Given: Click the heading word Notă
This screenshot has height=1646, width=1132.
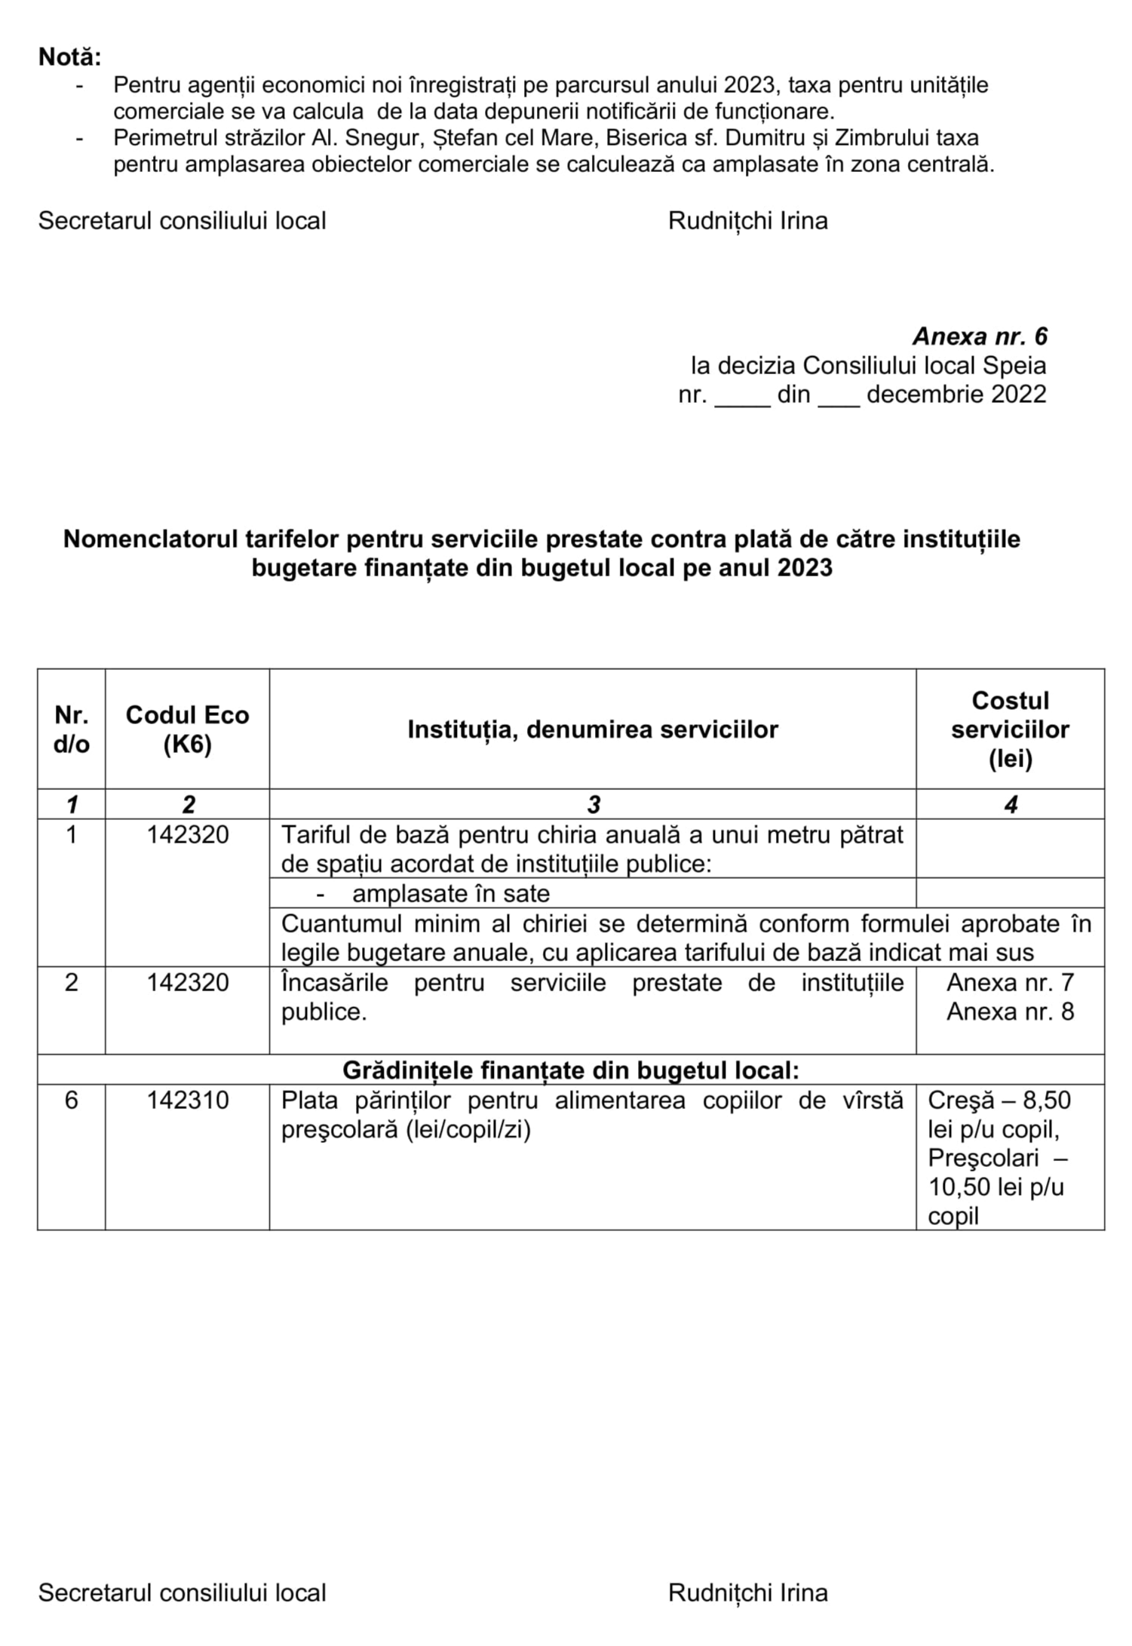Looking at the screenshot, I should click(x=69, y=57).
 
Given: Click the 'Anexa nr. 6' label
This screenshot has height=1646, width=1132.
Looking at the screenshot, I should click(x=980, y=336).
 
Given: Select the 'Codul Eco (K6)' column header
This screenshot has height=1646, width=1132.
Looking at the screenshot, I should click(x=187, y=729).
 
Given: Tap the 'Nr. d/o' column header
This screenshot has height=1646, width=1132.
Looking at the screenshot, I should click(x=71, y=729).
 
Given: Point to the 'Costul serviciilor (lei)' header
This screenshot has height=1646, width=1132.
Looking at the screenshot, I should click(x=1010, y=729).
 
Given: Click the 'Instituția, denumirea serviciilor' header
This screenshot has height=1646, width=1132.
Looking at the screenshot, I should click(x=593, y=729).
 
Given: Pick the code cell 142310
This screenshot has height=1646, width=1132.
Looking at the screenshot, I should click(x=187, y=1100).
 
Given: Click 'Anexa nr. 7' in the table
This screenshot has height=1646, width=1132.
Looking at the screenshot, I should click(x=1010, y=982).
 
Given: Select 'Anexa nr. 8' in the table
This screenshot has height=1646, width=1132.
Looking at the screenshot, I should click(x=1010, y=1012).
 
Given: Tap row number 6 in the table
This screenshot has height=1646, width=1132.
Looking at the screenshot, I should click(x=71, y=1100).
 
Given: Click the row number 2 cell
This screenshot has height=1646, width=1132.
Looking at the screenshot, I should click(x=71, y=982).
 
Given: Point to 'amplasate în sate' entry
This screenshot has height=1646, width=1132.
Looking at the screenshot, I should click(x=450, y=893).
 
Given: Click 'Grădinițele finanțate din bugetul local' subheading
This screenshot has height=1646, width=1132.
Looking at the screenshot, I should click(x=570, y=1070).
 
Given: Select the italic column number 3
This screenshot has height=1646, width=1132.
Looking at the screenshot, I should click(x=594, y=804).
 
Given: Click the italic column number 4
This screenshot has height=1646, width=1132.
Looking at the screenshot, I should click(x=1011, y=804).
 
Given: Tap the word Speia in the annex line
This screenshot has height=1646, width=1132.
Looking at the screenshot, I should click(x=1014, y=366).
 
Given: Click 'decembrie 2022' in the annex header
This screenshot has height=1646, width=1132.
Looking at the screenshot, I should click(x=956, y=395).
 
